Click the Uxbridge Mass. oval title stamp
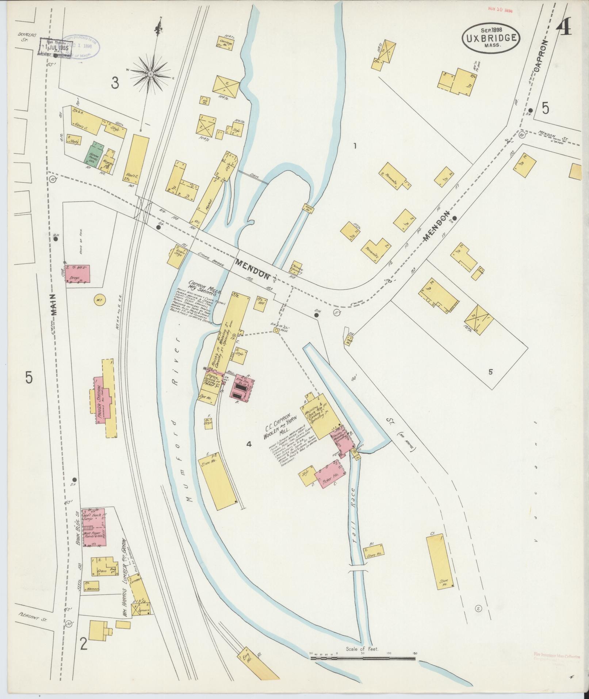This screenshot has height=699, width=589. click(x=491, y=38)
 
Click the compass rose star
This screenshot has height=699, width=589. click(x=150, y=75)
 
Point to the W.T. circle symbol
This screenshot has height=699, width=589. click(x=99, y=301)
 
